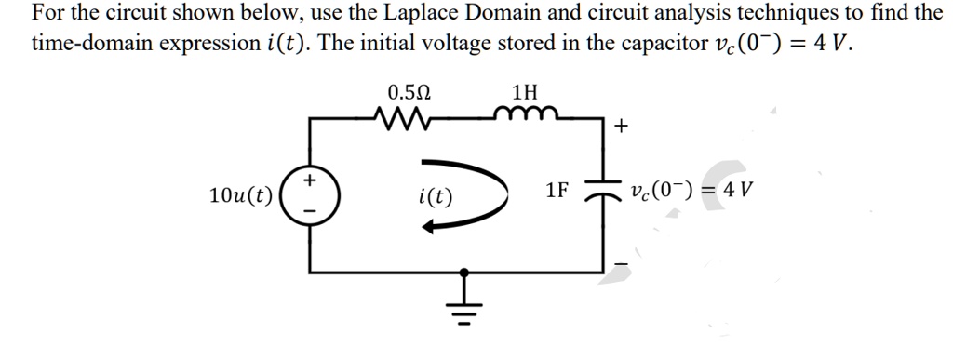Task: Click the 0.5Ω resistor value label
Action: click(x=409, y=93)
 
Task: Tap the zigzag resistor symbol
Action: click(x=401, y=119)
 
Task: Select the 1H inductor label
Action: click(x=525, y=93)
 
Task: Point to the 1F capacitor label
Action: click(x=557, y=192)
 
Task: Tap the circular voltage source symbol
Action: click(x=311, y=194)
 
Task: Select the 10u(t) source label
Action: click(x=241, y=195)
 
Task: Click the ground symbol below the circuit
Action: click(x=463, y=302)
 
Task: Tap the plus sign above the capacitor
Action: click(x=620, y=127)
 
